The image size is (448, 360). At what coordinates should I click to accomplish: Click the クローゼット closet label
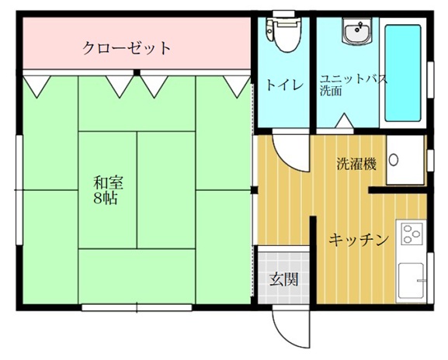click(x=127, y=47)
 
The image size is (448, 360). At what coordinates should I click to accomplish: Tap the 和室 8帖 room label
click(x=108, y=190)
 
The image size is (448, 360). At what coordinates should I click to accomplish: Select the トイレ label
click(x=285, y=85)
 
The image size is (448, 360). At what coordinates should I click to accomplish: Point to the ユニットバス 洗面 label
click(x=353, y=85)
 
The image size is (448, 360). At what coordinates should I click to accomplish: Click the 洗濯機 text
click(x=356, y=164)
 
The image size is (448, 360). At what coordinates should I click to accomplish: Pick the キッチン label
click(x=359, y=240)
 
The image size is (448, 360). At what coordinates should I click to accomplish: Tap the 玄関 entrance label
click(x=284, y=279)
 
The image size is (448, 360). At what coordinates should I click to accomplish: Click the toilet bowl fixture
click(x=284, y=34)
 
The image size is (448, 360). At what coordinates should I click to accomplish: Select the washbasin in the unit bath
click(x=357, y=31)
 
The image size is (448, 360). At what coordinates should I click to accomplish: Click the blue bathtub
click(x=402, y=73)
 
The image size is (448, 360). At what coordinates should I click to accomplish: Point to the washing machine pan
click(x=405, y=160)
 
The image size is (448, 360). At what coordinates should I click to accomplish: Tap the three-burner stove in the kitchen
click(x=412, y=234)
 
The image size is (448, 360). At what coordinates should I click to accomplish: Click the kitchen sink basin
click(x=412, y=280)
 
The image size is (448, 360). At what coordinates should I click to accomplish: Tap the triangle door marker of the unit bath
click(x=344, y=120)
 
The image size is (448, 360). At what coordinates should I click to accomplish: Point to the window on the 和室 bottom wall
click(x=137, y=308)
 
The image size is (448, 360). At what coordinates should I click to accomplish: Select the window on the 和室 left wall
click(x=19, y=190)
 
